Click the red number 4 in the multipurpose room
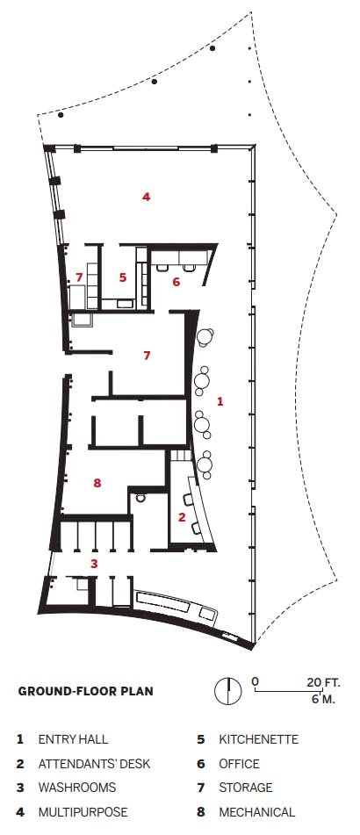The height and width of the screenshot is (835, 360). [146, 197]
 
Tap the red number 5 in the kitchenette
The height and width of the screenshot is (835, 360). [123, 277]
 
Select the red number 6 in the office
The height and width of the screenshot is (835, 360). [176, 282]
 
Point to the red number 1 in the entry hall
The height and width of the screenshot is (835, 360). [220, 401]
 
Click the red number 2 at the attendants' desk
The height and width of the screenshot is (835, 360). [182, 516]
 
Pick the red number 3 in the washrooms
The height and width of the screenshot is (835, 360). [94, 563]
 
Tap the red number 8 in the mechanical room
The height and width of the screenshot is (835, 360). [97, 483]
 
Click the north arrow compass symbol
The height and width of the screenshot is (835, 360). [228, 691]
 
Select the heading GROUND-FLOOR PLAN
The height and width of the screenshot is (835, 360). [86, 691]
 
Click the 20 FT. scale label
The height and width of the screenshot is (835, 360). [323, 681]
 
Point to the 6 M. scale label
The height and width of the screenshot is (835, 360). [324, 699]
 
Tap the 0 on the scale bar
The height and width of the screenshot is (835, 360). [256, 681]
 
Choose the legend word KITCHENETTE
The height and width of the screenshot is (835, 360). [259, 739]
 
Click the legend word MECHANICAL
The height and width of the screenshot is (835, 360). [256, 812]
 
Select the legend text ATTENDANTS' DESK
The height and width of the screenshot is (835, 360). [94, 764]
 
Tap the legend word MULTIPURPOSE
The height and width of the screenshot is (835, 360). [83, 812]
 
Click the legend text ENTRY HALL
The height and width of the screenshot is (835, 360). [73, 739]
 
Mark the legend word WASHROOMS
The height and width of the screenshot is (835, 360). [76, 788]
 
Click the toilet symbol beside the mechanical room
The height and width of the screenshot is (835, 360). [140, 498]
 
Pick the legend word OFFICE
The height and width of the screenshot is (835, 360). [239, 764]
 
